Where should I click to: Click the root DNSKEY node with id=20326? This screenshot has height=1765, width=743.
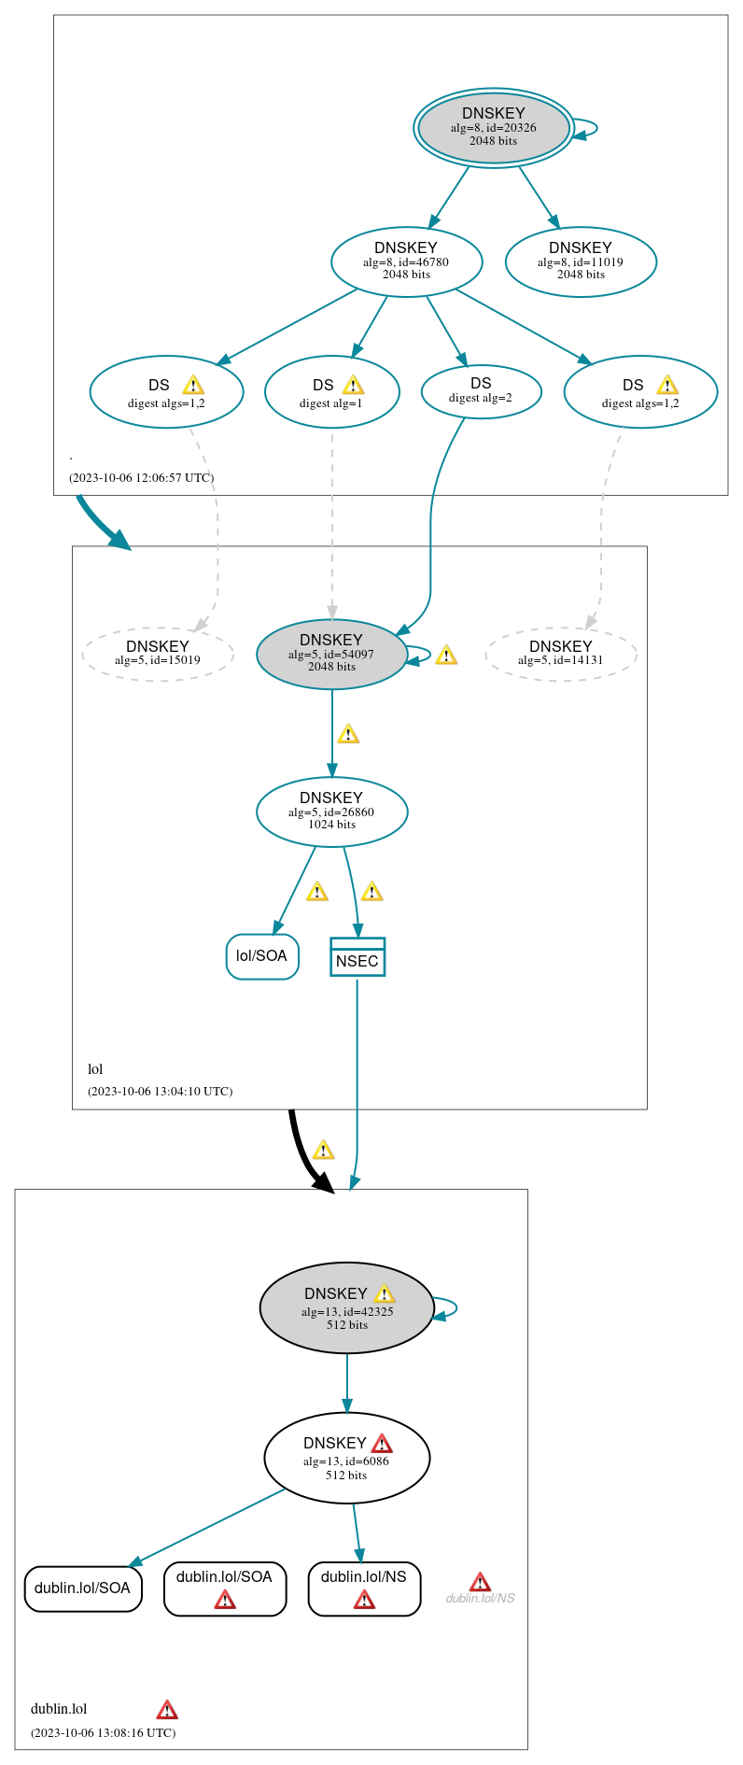click(x=493, y=128)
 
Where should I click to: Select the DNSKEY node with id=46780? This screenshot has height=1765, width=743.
click(x=406, y=261)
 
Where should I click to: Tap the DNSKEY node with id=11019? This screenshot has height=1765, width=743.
click(x=581, y=261)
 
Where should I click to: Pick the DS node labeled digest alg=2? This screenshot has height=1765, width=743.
click(x=481, y=391)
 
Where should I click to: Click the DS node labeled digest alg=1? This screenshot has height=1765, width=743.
click(x=331, y=392)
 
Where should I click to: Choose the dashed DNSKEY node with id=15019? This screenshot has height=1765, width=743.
click(x=158, y=654)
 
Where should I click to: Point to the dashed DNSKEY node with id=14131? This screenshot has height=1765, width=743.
click(x=561, y=654)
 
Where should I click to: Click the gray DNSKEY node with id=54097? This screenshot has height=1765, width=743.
click(x=331, y=654)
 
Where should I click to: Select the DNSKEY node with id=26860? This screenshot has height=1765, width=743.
click(x=331, y=812)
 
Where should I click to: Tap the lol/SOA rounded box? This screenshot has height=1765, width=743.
click(x=262, y=956)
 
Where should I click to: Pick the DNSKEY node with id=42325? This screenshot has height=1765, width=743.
click(x=346, y=1307)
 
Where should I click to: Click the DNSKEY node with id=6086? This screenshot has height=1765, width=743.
click(x=346, y=1458)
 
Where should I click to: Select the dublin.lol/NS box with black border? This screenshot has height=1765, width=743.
click(x=364, y=1588)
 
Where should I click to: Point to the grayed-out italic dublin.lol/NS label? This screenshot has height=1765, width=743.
click(x=480, y=1598)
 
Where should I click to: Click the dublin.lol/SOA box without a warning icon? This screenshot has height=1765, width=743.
click(x=83, y=1588)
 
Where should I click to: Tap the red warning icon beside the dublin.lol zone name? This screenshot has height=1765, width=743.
click(x=167, y=1710)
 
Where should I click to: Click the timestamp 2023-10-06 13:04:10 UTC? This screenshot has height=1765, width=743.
click(x=160, y=1091)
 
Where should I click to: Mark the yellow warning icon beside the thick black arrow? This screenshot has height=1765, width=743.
click(x=323, y=1150)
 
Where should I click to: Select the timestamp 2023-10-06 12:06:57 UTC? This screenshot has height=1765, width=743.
click(x=141, y=477)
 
